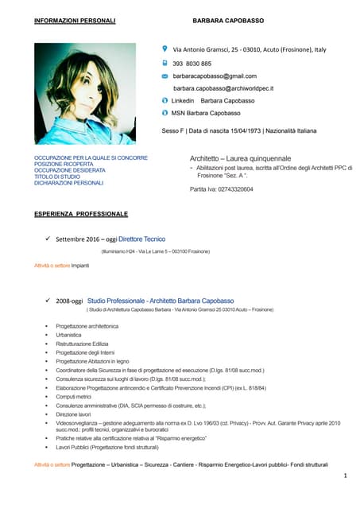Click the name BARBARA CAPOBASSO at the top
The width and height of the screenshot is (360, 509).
(228, 19)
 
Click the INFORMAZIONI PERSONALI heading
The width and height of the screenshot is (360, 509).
(75, 19)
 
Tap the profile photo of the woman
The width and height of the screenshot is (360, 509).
(85, 94)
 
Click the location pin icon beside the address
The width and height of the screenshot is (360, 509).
(164, 49)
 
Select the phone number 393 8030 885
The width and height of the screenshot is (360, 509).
(192, 63)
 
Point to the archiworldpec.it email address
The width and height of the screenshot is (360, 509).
(223, 88)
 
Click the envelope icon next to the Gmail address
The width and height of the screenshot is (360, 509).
(165, 76)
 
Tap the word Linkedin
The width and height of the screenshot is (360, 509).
(183, 101)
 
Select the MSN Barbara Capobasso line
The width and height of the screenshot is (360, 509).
(206, 114)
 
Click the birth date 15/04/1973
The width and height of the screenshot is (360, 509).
(240, 130)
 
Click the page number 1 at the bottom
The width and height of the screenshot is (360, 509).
(346, 475)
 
